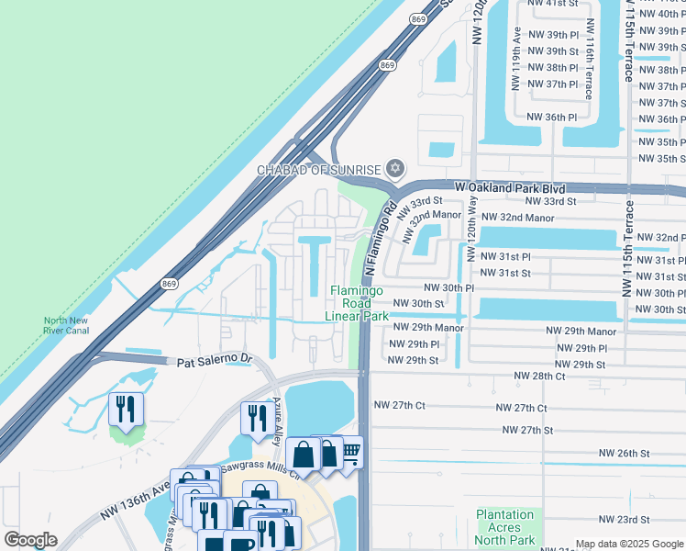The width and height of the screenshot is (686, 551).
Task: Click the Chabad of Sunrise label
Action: point(318,169)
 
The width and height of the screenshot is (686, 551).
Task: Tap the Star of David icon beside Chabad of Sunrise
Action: point(395,168)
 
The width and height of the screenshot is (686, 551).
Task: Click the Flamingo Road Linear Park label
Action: point(358,303)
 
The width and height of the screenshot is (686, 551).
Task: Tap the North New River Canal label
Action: point(66,326)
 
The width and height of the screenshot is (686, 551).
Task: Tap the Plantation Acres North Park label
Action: point(504,527)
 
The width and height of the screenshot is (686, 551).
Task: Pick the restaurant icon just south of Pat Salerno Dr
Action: point(126,409)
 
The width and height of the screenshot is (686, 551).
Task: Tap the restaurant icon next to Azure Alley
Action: point(254,418)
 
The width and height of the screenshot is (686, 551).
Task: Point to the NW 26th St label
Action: point(624,453)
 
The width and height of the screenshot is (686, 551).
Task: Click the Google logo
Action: point(30,540)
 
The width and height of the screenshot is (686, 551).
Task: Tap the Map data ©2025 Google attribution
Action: point(629,544)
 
